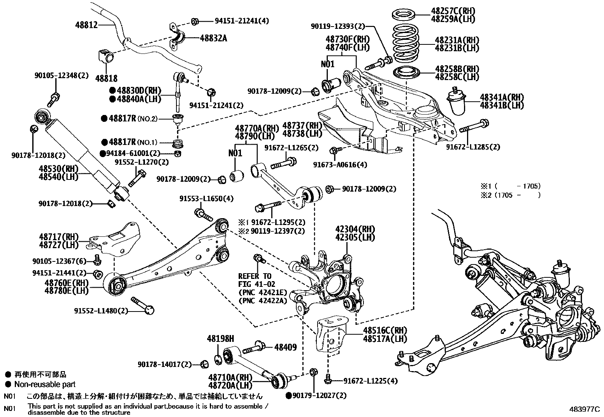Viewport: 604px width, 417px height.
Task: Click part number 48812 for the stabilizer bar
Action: point(86,25)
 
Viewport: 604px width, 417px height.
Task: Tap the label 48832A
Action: point(214,38)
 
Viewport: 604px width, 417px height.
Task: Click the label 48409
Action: point(286,348)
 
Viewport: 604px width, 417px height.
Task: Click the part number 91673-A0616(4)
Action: point(340,165)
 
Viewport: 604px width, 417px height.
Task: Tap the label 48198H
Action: point(220,338)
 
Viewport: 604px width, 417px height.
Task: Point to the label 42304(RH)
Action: point(355,229)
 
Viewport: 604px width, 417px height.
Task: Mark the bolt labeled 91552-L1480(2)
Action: point(142,305)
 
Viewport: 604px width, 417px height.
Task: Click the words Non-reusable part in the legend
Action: point(45,384)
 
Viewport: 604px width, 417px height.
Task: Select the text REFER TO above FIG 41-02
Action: point(255,276)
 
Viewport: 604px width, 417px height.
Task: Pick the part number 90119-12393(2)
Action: point(338,26)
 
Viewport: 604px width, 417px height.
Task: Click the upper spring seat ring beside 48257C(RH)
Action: point(403,16)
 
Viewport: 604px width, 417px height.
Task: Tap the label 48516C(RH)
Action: point(385,330)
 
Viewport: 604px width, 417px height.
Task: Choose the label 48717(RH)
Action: point(59,237)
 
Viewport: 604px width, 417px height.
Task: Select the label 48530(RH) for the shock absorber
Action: point(58,169)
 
